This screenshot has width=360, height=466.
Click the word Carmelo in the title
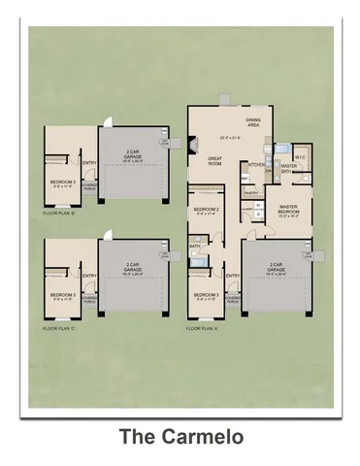pyautogui.click(x=201, y=436)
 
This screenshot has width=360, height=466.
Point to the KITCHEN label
pyautogui.click(x=256, y=165)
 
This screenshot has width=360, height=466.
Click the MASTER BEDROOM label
pyautogui.click(x=288, y=209)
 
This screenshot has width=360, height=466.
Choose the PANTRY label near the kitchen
pyautogui.click(x=250, y=193)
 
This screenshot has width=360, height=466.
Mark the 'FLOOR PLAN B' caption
pyautogui.click(x=57, y=211)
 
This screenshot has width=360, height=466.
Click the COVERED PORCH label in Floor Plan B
pyautogui.click(x=88, y=186)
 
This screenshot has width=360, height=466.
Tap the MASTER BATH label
pyautogui.click(x=288, y=168)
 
